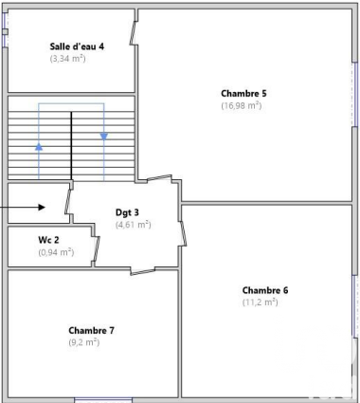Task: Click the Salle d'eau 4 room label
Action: (77, 46)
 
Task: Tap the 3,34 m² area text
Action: (67, 59)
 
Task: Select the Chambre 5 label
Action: (243, 94)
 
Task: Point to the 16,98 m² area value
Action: (242, 105)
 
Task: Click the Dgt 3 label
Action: (127, 212)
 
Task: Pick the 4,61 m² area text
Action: (134, 225)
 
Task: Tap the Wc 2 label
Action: (48, 240)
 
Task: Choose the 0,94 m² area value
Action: (56, 252)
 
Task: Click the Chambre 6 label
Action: (265, 290)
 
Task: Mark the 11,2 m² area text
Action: (261, 302)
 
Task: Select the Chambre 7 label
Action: (91, 330)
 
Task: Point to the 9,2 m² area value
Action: (84, 342)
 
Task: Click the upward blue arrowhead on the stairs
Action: (39, 147)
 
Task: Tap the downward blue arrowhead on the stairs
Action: (104, 137)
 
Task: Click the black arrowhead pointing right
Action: (42, 208)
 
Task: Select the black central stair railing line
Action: (71, 146)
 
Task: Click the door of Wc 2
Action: (98, 248)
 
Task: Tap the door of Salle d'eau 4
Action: (133, 33)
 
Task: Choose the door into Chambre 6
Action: (183, 233)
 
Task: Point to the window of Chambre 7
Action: (103, 400)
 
